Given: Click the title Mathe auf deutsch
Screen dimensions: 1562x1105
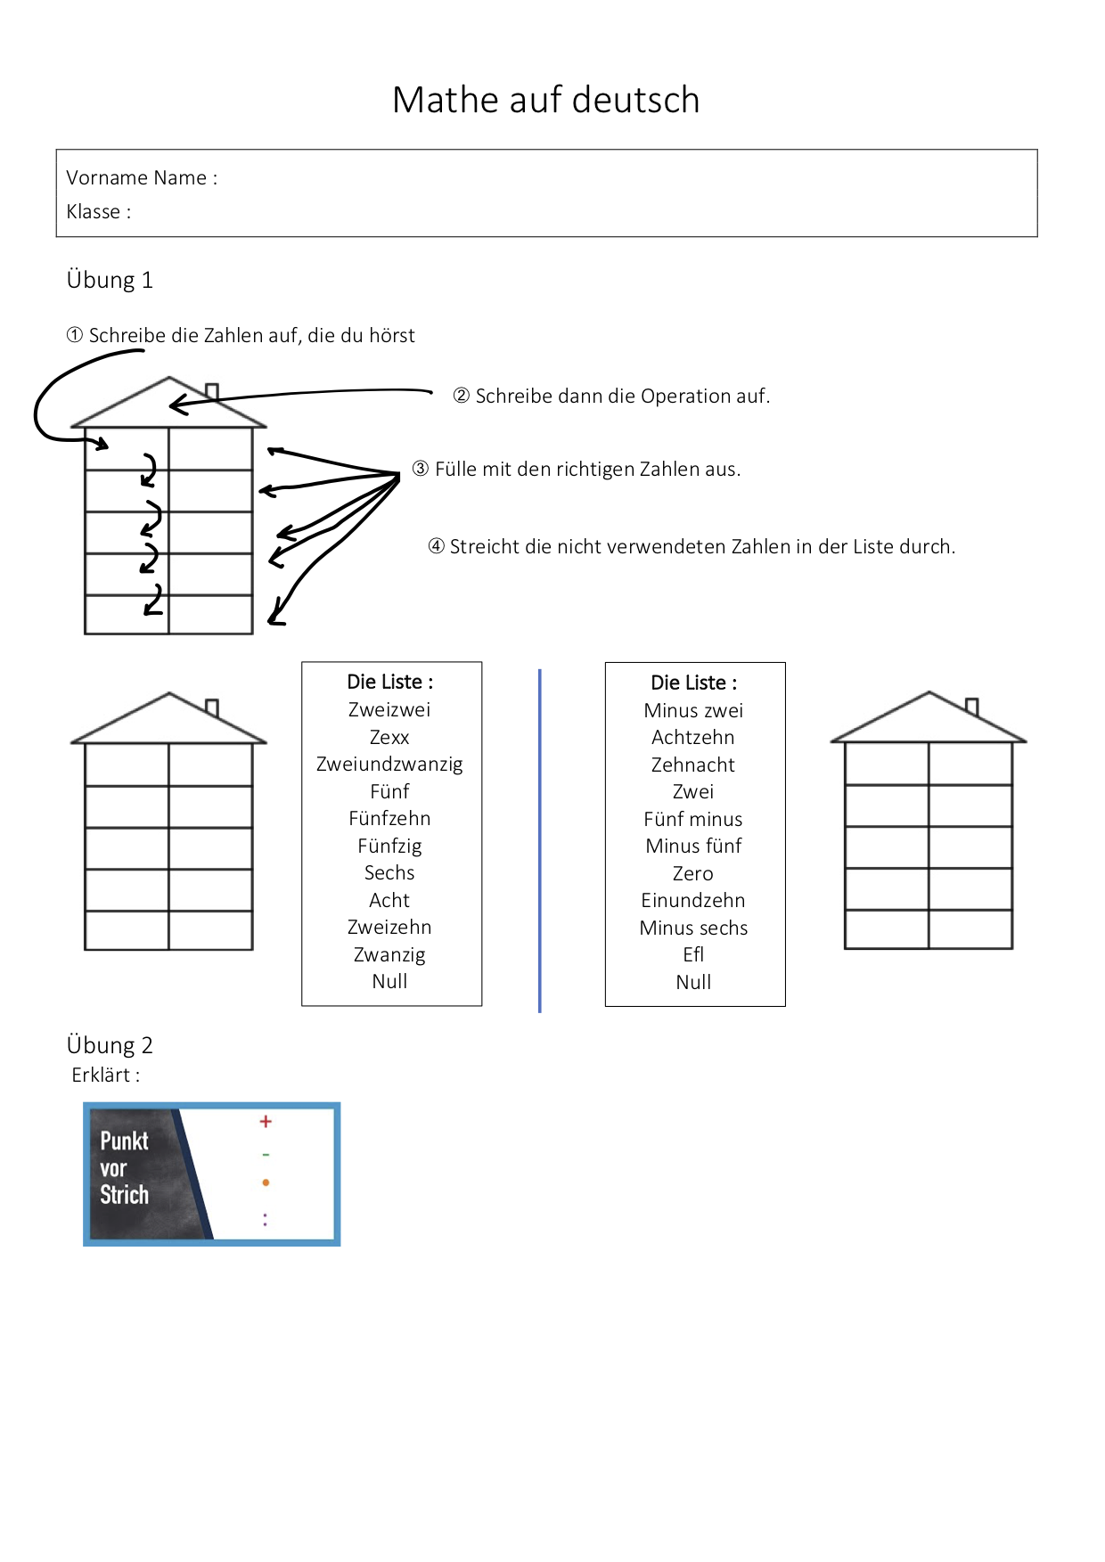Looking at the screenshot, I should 545,100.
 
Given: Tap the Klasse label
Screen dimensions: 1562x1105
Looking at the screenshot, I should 97,212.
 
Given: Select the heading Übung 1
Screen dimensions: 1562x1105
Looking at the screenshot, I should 110,280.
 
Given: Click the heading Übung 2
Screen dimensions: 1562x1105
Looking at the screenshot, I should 110,1045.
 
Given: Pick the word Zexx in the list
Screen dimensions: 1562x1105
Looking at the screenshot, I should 389,738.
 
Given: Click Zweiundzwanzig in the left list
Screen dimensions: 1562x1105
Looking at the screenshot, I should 389,765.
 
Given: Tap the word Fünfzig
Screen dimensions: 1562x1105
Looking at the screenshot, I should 389,846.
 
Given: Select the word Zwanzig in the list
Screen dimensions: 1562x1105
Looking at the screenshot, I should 389,954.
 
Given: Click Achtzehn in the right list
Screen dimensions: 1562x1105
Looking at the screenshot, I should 693,738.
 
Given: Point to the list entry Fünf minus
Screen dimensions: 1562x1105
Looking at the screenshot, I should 693,819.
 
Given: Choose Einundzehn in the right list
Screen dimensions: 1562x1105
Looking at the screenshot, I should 693,900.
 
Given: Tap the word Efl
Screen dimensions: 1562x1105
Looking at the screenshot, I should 693,954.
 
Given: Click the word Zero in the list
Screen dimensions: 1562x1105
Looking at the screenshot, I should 693,873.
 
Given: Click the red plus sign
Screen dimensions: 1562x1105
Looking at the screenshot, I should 266,1122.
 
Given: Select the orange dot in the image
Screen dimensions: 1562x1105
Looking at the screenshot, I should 266,1182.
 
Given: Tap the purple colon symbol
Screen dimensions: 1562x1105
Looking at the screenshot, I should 265,1219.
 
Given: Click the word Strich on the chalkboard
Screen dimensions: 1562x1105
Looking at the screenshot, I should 125,1195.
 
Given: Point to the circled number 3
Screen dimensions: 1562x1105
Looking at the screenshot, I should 421,469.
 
